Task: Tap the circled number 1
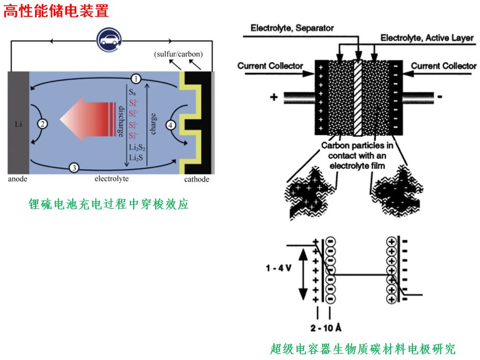pos(136,79)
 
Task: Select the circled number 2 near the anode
pos(42,124)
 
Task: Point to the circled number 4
pos(171,124)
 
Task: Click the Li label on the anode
pos(19,124)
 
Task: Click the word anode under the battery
pos(18,179)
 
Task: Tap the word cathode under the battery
pos(197,179)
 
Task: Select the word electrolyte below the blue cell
pos(111,179)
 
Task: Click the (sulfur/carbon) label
pos(178,54)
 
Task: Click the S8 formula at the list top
pos(133,92)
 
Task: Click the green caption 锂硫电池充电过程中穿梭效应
pos(108,205)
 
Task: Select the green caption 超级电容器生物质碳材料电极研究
pos(363,349)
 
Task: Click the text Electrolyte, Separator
pos(292,28)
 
